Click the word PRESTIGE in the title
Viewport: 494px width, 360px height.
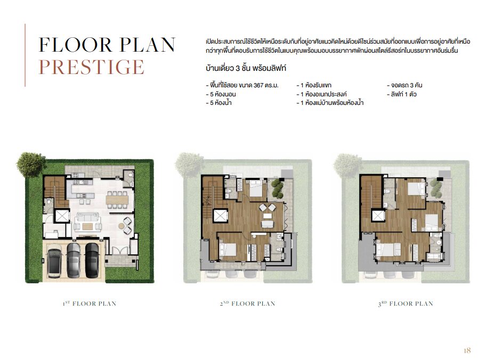pyautogui.click(x=91, y=67)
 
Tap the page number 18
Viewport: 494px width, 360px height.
pyautogui.click(x=467, y=350)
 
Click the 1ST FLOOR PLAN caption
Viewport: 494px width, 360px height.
pyautogui.click(x=90, y=304)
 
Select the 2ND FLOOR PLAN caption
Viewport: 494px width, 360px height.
pyautogui.click(x=247, y=304)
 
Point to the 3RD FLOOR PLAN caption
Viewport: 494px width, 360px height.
pyautogui.click(x=406, y=304)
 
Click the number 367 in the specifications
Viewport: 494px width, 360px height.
pyautogui.click(x=258, y=85)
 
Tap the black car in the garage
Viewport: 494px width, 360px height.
pyautogui.click(x=92, y=260)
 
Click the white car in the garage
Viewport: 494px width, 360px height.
pyautogui.click(x=54, y=263)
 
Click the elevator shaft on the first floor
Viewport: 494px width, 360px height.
pyautogui.click(x=62, y=216)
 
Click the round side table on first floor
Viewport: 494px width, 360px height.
pyautogui.click(x=122, y=225)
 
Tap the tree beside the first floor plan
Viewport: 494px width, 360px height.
pyautogui.click(x=31, y=162)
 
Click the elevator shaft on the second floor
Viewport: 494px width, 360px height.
pyautogui.click(x=220, y=216)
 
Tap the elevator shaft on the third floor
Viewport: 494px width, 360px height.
pyautogui.click(x=378, y=216)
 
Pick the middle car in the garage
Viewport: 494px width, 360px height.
pyautogui.click(x=74, y=260)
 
